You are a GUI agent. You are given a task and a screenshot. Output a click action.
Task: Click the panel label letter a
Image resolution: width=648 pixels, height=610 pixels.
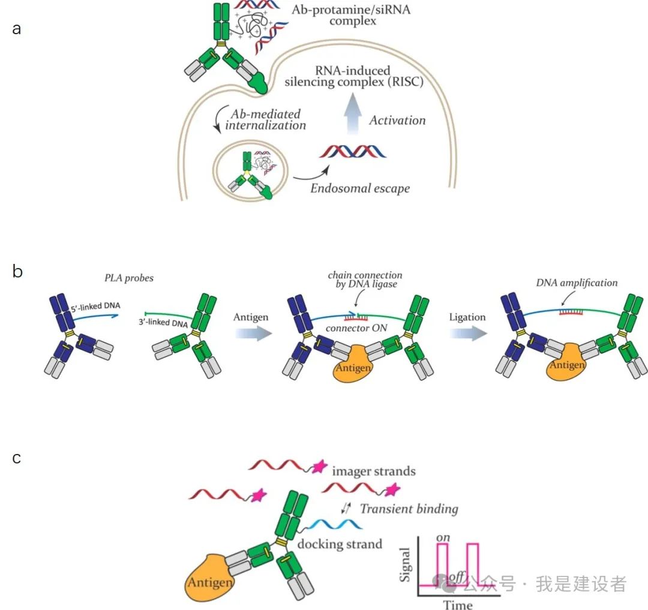click(x=17, y=28)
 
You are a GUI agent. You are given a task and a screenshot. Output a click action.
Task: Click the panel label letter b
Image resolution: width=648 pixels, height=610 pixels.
click(x=17, y=271)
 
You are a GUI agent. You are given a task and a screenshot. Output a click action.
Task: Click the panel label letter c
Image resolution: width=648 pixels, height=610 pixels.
click(x=17, y=458)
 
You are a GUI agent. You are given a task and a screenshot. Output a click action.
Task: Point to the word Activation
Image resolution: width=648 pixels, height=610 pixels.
click(x=397, y=120)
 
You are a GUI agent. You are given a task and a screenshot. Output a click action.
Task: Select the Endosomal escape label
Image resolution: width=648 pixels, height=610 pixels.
click(x=360, y=188)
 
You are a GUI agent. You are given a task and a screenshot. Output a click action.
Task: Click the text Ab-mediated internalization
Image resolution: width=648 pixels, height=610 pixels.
click(x=268, y=119)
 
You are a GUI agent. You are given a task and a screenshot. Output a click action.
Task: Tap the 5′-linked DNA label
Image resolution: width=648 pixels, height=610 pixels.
click(x=98, y=306)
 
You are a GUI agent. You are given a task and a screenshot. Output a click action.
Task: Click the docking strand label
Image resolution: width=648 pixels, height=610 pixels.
click(x=340, y=544)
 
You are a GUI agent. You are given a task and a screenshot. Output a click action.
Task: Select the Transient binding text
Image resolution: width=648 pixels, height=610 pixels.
click(x=409, y=509)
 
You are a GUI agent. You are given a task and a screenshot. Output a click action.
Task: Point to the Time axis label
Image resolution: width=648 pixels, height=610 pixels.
click(x=458, y=604)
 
